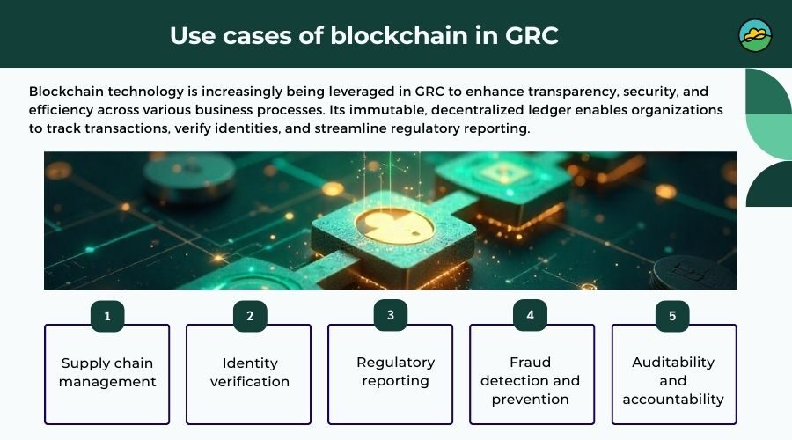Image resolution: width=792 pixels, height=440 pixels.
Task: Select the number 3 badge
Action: point(391,315)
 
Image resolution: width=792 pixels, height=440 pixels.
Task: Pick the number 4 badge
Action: point(531,315)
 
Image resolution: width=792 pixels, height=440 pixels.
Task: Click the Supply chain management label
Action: point(108,372)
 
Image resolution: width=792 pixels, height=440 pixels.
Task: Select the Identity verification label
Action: point(249,372)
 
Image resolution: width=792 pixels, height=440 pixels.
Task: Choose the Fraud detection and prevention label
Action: point(532,380)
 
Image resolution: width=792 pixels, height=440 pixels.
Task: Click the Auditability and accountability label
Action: point(673,380)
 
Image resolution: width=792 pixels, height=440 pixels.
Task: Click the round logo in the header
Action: point(755,35)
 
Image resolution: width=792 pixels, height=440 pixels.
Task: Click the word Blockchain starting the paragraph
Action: point(69,92)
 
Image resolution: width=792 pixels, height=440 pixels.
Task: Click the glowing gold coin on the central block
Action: point(398,225)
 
